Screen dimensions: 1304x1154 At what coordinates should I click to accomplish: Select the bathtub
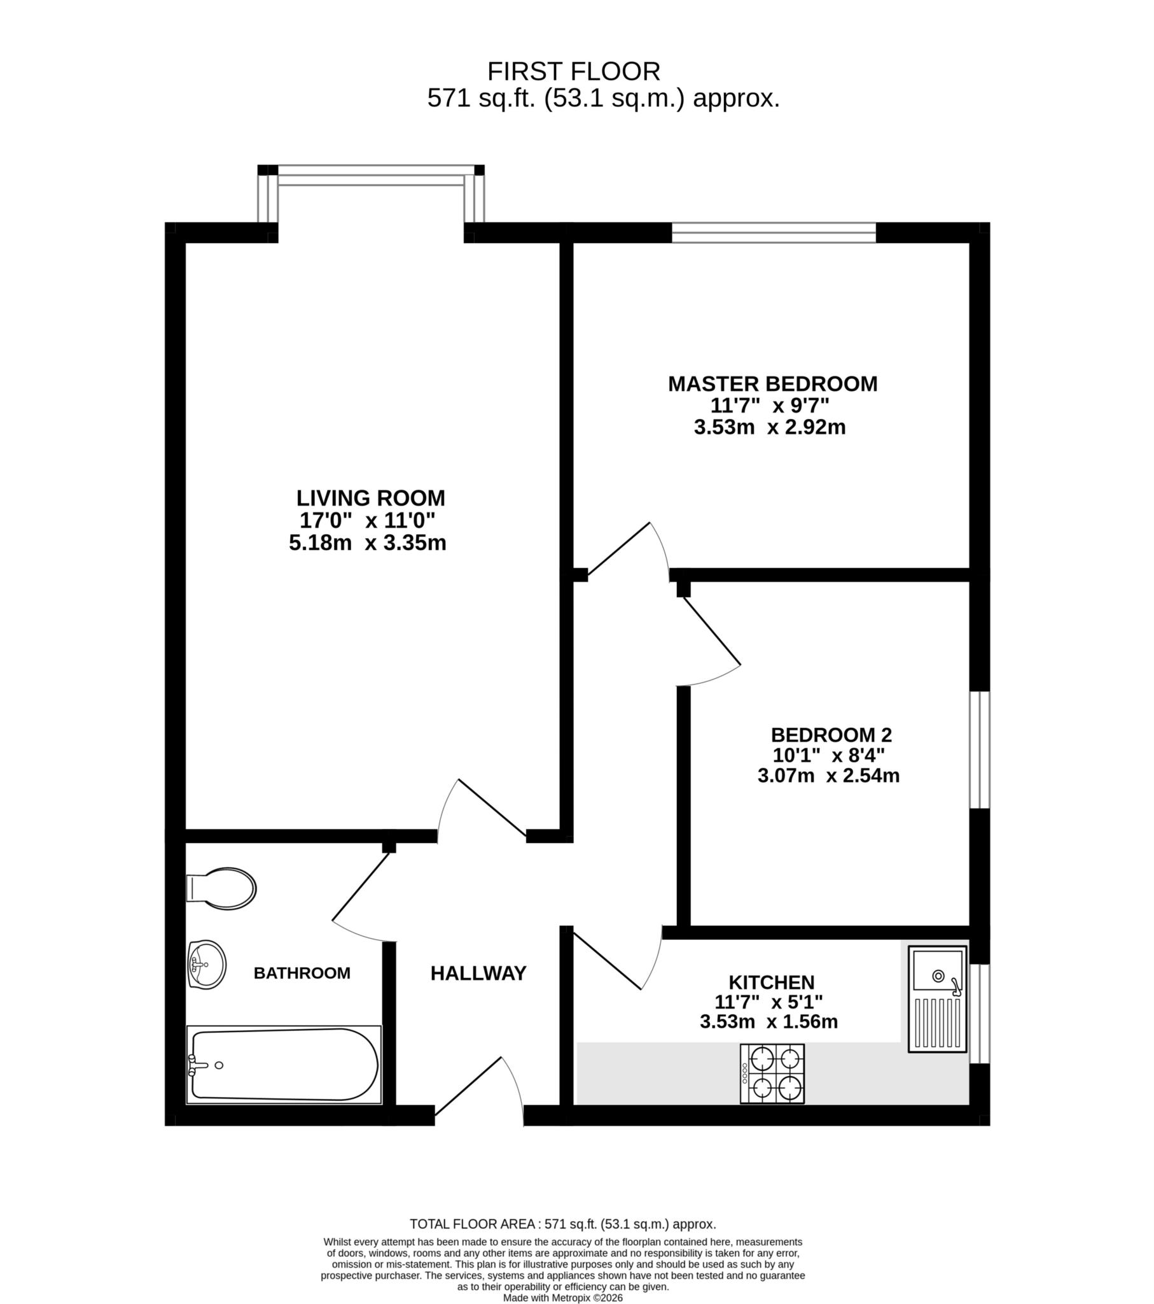(x=284, y=1065)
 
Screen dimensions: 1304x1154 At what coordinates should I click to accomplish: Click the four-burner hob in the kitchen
(x=772, y=1074)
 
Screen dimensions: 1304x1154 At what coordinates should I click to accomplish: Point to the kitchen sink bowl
(x=938, y=975)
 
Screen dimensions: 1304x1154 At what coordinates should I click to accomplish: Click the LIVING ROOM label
(x=370, y=499)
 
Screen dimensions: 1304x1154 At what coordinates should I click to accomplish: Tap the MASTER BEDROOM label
(x=772, y=384)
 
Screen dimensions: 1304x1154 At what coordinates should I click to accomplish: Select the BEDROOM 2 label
(x=831, y=735)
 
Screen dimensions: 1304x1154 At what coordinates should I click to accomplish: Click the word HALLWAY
(x=478, y=974)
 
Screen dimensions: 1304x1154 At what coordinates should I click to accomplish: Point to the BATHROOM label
(x=302, y=974)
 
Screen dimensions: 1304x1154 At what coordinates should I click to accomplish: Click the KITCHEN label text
(x=772, y=982)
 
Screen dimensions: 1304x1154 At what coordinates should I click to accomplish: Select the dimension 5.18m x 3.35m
(x=367, y=544)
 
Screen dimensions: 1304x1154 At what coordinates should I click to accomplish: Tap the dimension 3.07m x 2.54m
(x=828, y=776)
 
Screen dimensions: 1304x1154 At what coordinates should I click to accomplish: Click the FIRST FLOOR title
(x=573, y=71)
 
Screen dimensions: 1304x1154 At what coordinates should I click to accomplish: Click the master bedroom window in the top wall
(x=774, y=233)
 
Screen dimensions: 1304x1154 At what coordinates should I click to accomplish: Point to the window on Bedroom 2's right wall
(x=979, y=749)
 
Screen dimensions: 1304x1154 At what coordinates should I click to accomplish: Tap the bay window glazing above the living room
(x=370, y=176)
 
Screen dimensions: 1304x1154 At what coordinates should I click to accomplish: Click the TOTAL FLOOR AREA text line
(x=562, y=1224)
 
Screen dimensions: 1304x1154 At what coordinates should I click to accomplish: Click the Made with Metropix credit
(x=562, y=1298)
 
